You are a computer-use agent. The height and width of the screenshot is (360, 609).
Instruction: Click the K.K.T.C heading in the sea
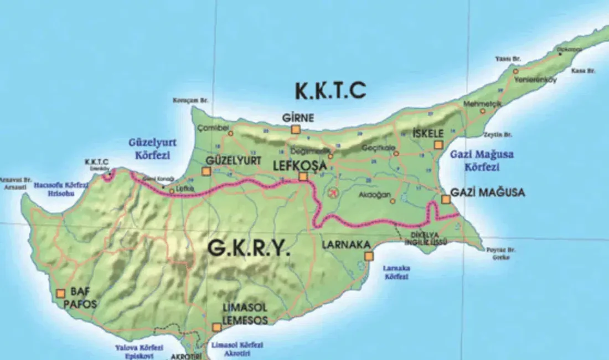331,90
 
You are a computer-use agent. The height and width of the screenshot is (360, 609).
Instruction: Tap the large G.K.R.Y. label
249,249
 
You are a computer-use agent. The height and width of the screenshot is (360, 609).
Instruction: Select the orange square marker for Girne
296,129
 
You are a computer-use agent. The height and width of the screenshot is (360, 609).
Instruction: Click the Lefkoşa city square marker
303,177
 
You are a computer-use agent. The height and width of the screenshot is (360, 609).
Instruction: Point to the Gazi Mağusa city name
488,193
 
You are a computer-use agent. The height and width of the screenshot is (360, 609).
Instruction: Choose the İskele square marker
438,145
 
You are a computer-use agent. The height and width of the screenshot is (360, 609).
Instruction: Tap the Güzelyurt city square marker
207,171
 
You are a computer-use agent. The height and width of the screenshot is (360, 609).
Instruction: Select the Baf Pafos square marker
61,294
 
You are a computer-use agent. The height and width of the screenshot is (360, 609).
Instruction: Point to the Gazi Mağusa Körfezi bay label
482,160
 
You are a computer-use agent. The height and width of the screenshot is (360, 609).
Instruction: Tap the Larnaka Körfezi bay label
396,272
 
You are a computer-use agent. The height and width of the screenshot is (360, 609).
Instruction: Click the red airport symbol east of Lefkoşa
333,193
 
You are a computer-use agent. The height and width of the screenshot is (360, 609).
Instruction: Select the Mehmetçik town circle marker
483,111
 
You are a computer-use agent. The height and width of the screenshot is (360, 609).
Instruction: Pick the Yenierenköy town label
535,79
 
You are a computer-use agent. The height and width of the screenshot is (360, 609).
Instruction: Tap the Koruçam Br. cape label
190,100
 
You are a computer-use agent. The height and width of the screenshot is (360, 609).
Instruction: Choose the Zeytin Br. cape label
497,134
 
